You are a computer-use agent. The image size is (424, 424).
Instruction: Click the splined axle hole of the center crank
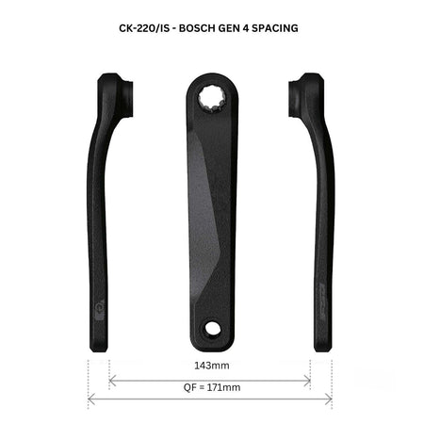[x=212, y=99]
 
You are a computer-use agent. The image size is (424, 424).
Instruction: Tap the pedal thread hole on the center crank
[x=213, y=328]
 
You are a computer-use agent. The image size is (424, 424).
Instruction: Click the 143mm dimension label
[x=212, y=366]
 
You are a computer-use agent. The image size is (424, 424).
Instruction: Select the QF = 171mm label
[x=212, y=387]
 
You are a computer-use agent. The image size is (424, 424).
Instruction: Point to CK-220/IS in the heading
[x=144, y=28]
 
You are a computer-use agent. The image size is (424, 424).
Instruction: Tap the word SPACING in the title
[x=275, y=28]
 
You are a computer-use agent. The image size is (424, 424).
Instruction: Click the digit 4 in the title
[x=245, y=28]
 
